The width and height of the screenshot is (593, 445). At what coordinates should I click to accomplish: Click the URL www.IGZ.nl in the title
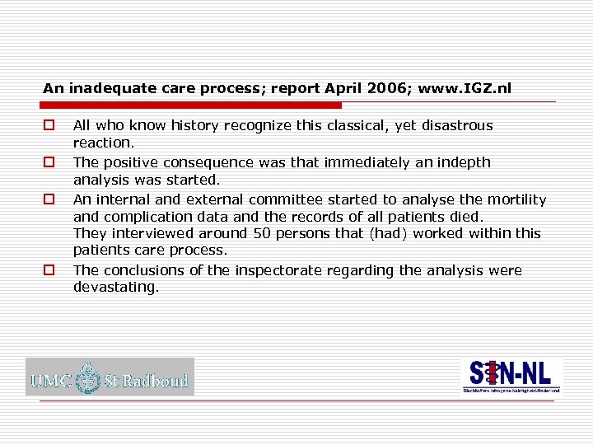click(465, 87)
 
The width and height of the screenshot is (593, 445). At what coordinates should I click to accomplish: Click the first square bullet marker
click(49, 126)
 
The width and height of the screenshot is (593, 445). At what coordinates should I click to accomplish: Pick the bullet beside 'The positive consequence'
click(49, 162)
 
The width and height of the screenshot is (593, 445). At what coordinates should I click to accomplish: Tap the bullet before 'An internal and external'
click(49, 199)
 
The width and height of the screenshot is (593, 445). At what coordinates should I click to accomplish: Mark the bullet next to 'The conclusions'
click(49, 270)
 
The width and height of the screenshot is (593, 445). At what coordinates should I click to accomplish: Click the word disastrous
click(455, 126)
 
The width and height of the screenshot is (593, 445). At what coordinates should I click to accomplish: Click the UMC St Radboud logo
click(110, 377)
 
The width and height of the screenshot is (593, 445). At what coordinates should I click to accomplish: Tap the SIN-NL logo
click(511, 376)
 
